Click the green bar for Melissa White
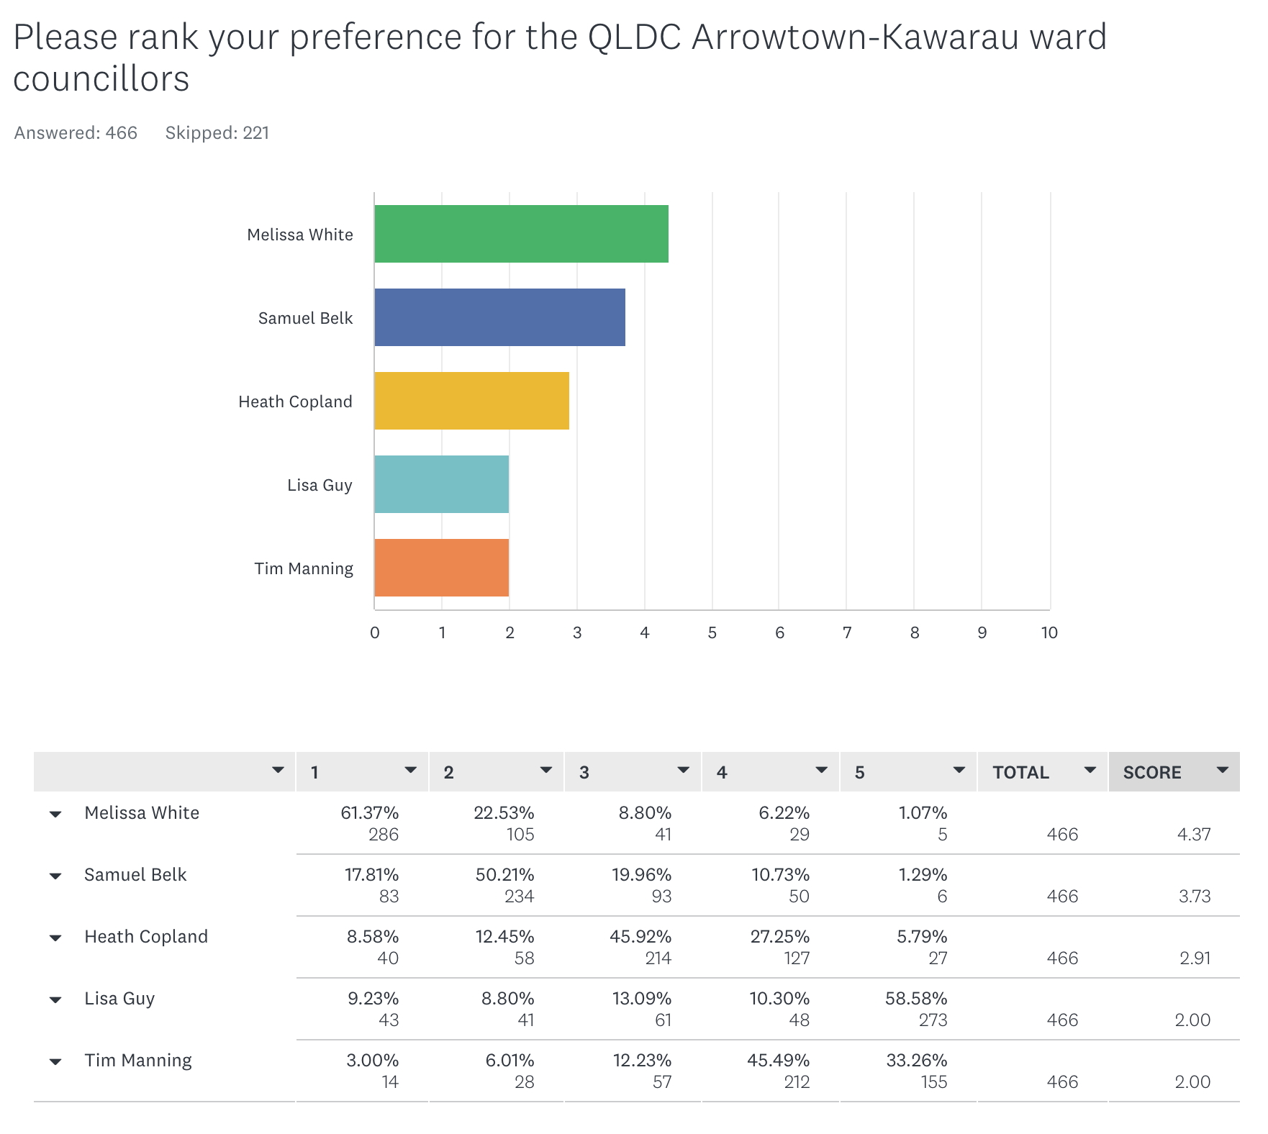[521, 234]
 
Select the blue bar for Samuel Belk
[499, 317]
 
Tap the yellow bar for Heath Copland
[471, 401]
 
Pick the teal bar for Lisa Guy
[441, 484]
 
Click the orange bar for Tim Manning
[441, 568]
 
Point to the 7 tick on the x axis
[847, 632]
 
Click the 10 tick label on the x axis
[1049, 632]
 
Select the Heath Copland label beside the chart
[295, 402]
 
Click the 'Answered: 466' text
[76, 133]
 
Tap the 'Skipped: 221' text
[217, 133]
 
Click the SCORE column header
[1152, 772]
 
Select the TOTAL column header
[1020, 772]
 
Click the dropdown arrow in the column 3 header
[683, 771]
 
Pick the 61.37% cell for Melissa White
[369, 813]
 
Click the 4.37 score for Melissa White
[1194, 835]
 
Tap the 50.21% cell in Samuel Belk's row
[504, 875]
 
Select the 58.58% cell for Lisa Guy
[916, 999]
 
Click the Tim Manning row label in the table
[138, 1061]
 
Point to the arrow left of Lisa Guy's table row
[55, 1000]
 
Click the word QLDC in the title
[634, 37]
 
